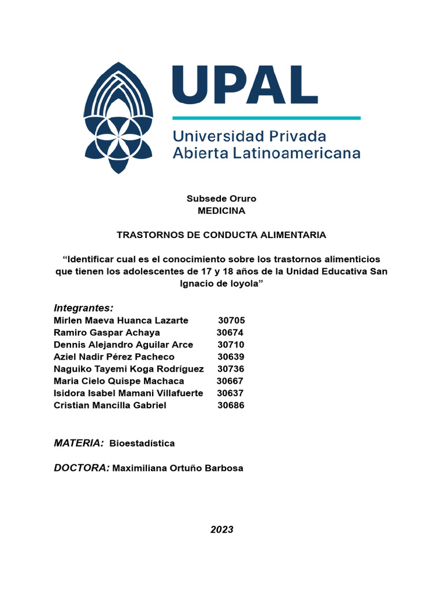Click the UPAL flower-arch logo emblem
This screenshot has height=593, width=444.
tap(119, 118)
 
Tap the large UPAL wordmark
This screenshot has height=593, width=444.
tap(245, 85)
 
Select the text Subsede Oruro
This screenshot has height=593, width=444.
tap(221, 199)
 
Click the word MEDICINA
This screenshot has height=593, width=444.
tap(221, 211)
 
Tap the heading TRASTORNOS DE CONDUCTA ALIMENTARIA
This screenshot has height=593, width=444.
tap(221, 235)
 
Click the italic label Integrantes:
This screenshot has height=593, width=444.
tap(83, 307)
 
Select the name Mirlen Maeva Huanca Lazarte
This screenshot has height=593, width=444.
tap(121, 320)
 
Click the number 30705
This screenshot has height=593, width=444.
tap(231, 320)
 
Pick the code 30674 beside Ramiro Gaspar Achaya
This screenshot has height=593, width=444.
tap(230, 332)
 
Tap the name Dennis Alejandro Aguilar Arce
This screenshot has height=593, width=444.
tap(123, 345)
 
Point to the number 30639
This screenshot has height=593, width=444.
tap(231, 357)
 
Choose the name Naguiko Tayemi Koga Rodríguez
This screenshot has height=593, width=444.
tap(128, 369)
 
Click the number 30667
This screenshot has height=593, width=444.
tap(230, 381)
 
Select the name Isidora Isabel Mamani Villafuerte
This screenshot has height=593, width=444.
tap(128, 393)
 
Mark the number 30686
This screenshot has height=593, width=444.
tap(231, 405)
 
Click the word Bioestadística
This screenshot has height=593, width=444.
tap(142, 444)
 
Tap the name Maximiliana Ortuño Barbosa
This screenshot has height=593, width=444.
tap(178, 468)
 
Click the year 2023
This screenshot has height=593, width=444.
tap(221, 529)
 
